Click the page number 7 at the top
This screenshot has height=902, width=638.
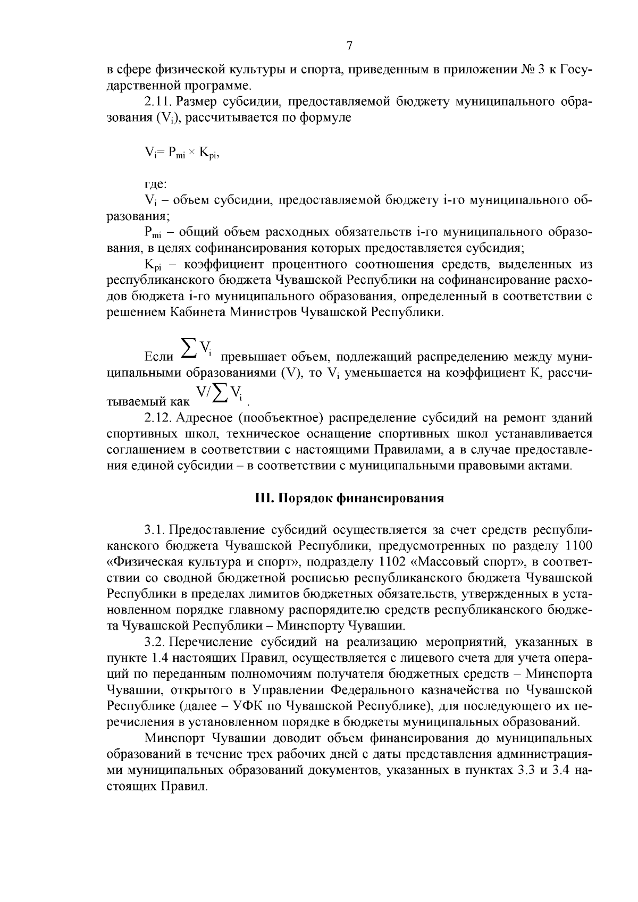pos(349,46)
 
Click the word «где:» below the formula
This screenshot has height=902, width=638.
pos(156,184)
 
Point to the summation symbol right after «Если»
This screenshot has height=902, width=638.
pos(188,349)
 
